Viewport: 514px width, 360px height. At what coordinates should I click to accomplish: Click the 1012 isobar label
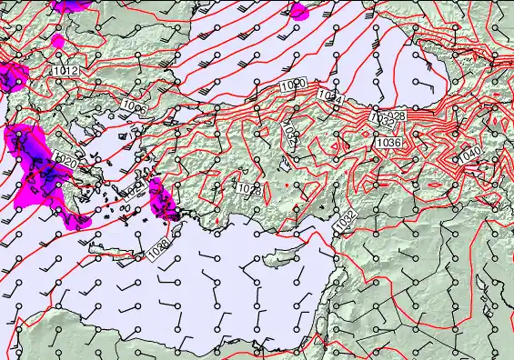[x=65, y=70]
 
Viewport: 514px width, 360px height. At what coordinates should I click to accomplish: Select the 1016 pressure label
[x=134, y=109]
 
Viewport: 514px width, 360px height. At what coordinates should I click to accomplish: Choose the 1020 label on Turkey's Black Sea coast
[x=293, y=84]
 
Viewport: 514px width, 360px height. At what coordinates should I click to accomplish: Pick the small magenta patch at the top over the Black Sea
[x=297, y=11]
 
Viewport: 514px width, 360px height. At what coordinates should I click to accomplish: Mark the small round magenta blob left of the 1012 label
[x=58, y=41]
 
